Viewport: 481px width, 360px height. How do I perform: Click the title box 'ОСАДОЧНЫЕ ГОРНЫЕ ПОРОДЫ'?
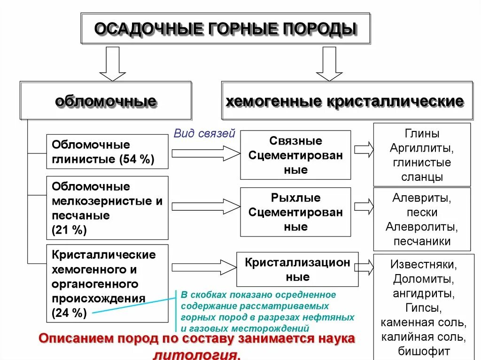coord(225,29)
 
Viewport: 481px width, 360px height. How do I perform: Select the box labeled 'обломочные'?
coord(106,101)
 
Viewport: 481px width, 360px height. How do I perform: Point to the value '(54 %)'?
coord(137,159)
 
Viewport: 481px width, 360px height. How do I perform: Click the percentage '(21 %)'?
coord(70,230)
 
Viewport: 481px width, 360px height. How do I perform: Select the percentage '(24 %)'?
coord(70,313)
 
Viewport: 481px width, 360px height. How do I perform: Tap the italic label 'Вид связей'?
coord(204,133)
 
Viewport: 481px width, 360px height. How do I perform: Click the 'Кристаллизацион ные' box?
coord(297,269)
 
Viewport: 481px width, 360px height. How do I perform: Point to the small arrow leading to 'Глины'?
coord(364,150)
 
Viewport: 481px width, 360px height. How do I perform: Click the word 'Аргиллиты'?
coord(421,148)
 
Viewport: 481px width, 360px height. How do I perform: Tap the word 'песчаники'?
coord(421,242)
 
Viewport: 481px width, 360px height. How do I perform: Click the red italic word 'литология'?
coord(201,355)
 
